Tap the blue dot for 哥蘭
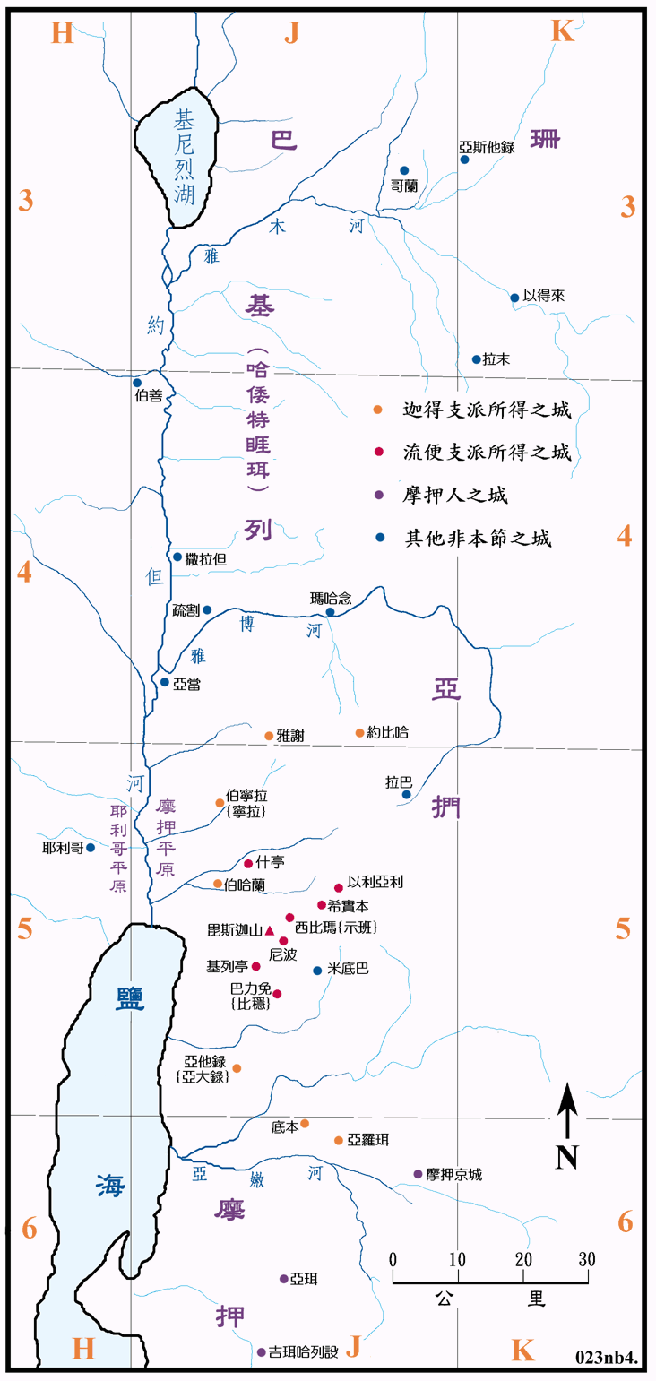pos(404,170)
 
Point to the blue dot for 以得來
pos(514,298)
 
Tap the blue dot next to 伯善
pos(137,383)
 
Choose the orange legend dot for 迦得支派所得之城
pos(379,410)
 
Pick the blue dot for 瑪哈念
pos(330,612)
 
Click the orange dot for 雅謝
pos(269,736)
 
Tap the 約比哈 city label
pos(387,732)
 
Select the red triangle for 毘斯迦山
pos(270,930)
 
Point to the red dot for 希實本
pos(322,905)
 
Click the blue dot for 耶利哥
pos(91,847)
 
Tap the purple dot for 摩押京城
pos(418,1174)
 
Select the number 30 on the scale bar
pos(587,1258)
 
